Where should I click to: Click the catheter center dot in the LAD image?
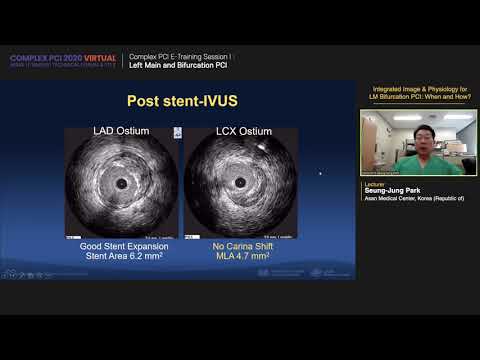(x=122, y=185)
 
